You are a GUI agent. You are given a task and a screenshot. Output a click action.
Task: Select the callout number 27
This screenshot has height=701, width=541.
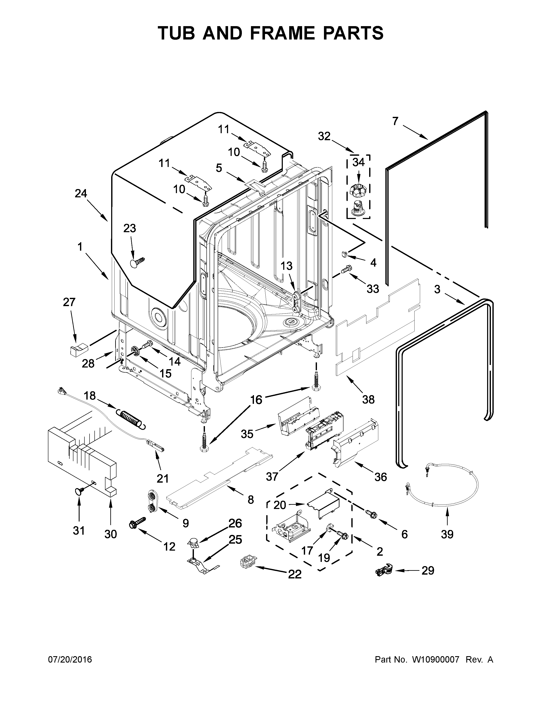click(x=69, y=302)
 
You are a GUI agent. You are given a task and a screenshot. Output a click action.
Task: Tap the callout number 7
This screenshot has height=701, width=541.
click(x=395, y=121)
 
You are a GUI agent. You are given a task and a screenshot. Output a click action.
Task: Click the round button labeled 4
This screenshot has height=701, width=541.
click(x=345, y=254)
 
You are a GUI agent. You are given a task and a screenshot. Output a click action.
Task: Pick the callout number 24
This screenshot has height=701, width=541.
click(x=81, y=193)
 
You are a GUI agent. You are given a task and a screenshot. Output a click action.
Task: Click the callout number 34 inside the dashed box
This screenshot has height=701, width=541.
click(x=358, y=163)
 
